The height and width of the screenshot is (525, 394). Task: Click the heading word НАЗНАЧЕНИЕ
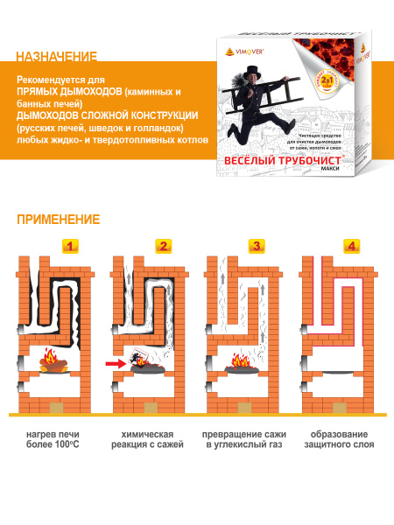[57, 58]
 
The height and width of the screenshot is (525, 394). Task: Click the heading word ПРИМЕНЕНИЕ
[58, 219]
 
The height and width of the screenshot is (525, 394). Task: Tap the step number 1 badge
[72, 246]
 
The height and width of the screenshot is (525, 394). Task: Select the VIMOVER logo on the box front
[240, 52]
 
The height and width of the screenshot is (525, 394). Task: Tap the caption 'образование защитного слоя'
[339, 439]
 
